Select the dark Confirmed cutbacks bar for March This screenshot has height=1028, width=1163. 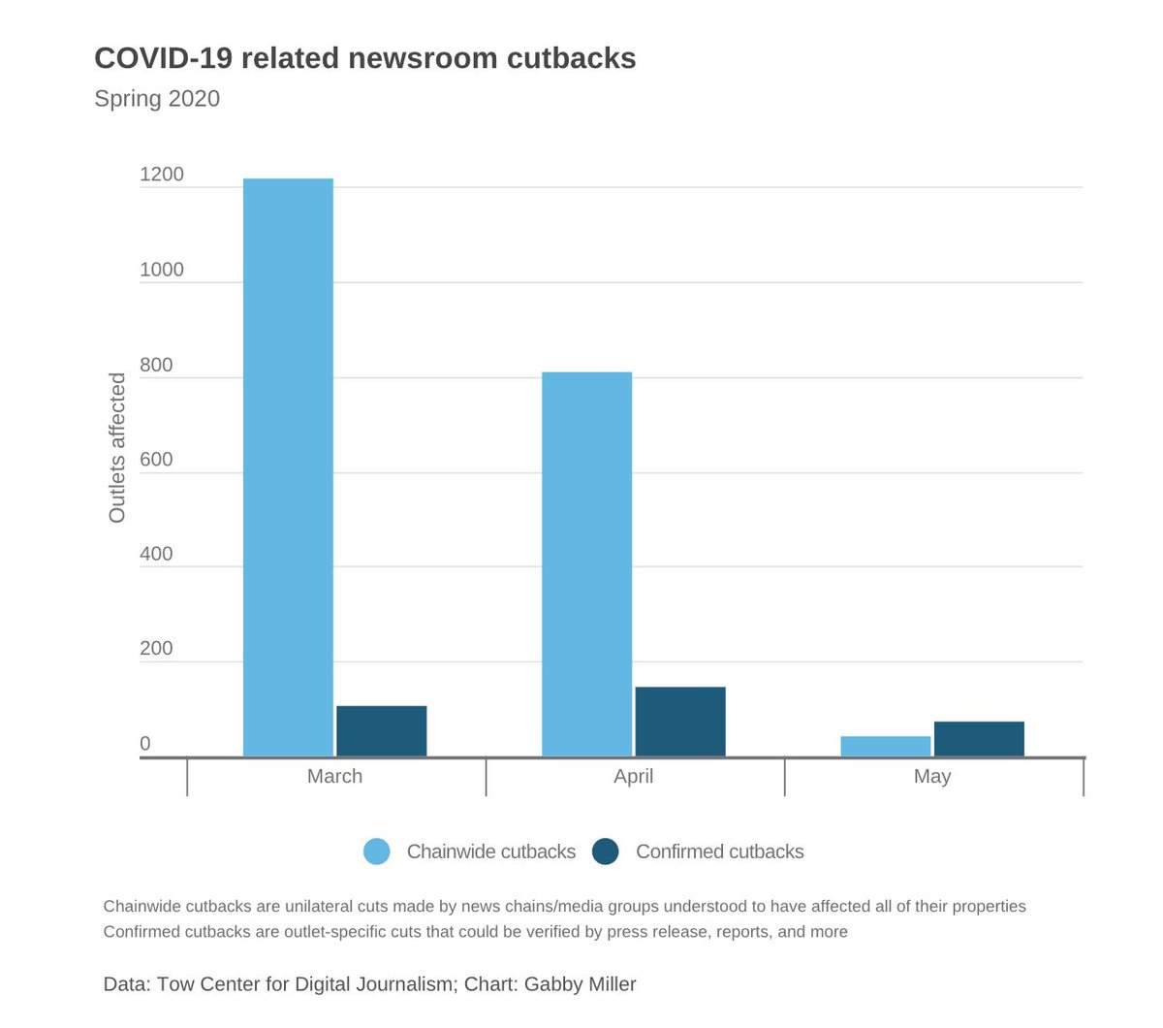pos(381,731)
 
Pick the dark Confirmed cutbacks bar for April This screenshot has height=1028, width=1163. pos(679,722)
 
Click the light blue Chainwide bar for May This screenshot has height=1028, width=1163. pos(885,747)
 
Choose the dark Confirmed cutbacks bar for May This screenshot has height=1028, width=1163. pos(979,739)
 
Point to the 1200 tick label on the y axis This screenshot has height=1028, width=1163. pos(161,175)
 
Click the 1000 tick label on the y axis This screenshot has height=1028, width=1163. pos(161,270)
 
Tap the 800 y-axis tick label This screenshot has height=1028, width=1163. pos(155,365)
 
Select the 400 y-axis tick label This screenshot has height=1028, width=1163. pos(155,554)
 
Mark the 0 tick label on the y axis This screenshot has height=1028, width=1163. pos(145,744)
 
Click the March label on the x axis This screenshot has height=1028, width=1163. pos(334,776)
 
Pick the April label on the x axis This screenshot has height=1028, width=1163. pos(633,776)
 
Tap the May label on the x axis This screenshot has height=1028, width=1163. pos(932,776)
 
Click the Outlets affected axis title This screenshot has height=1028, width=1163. pos(117,448)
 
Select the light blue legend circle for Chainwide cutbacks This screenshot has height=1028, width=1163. pos(376,851)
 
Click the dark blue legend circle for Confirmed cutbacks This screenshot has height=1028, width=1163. pos(606,851)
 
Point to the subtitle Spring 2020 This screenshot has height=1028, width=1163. pos(157,99)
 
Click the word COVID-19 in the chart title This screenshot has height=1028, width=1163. pos(162,58)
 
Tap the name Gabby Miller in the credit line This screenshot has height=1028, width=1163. pos(580,984)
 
